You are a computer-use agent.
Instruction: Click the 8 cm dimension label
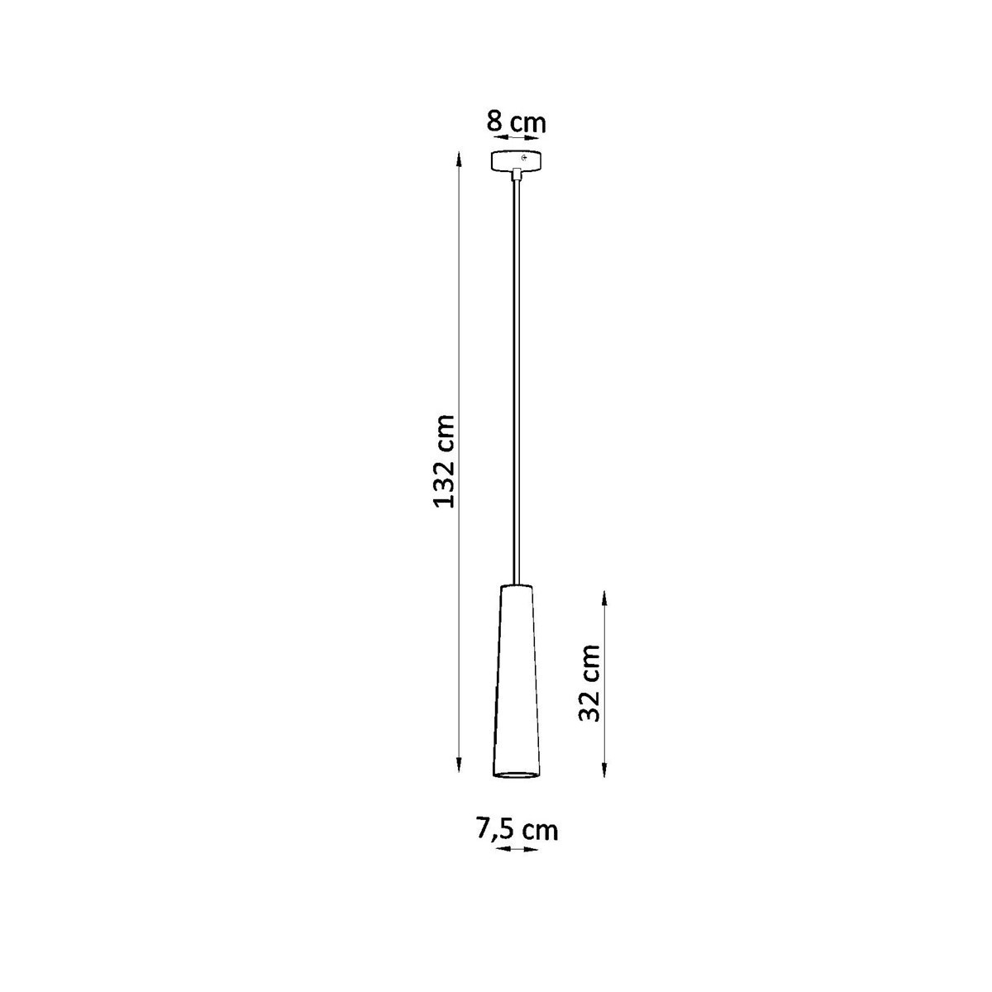(516, 123)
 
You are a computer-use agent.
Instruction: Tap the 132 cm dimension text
(445, 463)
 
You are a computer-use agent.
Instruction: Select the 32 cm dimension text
(590, 683)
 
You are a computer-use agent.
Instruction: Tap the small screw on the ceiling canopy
(524, 158)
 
